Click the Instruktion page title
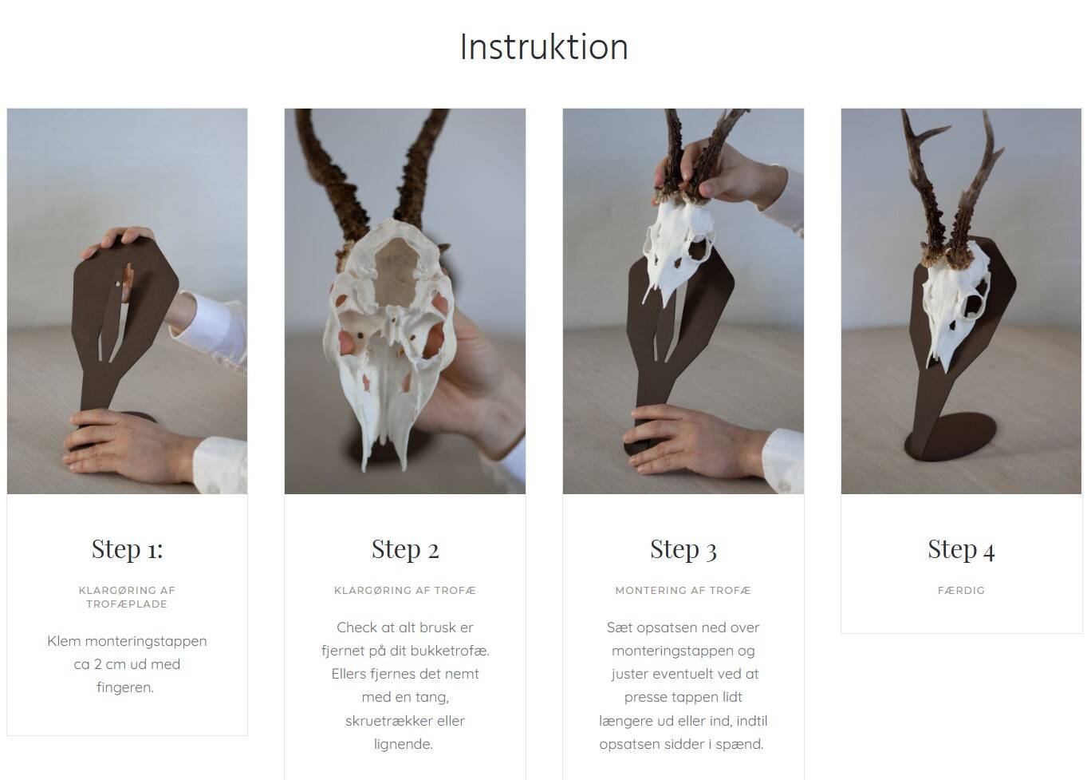pos(544,47)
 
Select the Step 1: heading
pos(127,549)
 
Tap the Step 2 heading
pos(405,549)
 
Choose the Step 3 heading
pos(683,549)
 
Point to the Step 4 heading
pos(961,549)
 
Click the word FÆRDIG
pos(961,590)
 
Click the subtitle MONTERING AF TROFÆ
pos(683,590)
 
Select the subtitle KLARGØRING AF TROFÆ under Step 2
pos(405,590)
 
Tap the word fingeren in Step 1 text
pos(125,688)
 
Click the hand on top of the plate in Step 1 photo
pos(118,241)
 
